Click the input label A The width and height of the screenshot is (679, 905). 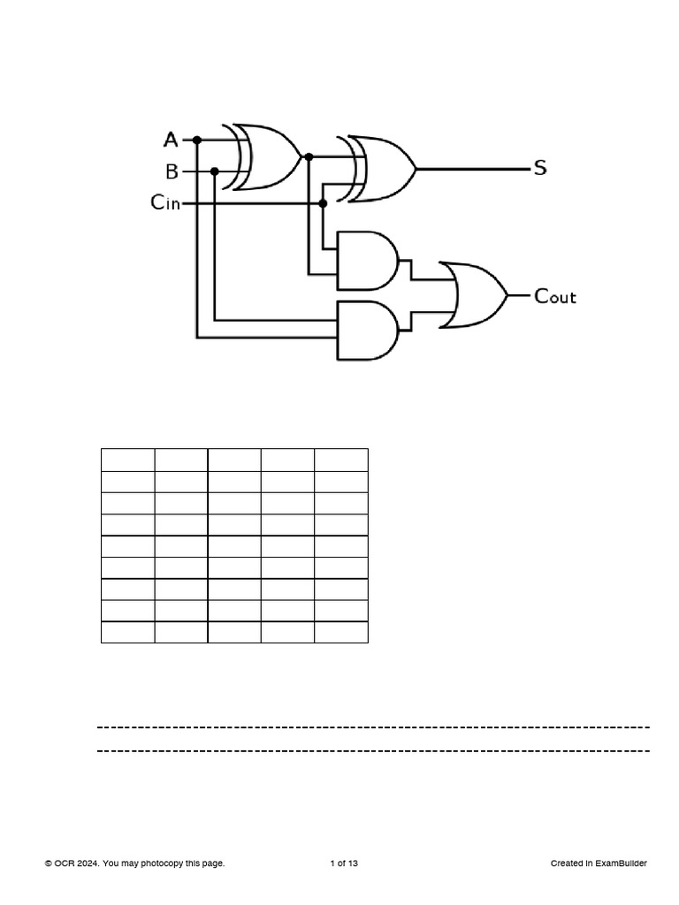click(x=172, y=140)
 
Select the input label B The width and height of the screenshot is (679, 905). click(x=172, y=171)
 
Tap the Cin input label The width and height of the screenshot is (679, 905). click(x=165, y=203)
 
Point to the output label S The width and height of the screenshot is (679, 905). click(x=540, y=168)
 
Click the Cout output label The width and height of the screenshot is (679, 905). click(x=555, y=296)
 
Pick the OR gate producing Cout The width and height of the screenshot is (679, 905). click(x=476, y=295)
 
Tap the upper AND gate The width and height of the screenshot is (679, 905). click(x=366, y=261)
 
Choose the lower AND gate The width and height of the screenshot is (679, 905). click(x=366, y=330)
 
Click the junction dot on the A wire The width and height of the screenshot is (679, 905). click(x=197, y=140)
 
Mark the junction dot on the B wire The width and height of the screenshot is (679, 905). click(x=215, y=171)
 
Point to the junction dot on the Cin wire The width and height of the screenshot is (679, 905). click(x=323, y=203)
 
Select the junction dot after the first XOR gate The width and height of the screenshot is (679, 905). click(x=309, y=157)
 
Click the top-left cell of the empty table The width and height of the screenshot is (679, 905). click(x=128, y=460)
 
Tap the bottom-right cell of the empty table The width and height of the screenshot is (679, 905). click(x=341, y=632)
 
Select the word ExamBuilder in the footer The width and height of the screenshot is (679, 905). click(x=622, y=863)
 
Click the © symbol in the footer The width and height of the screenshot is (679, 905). click(x=49, y=863)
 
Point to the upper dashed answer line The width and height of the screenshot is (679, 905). click(x=373, y=727)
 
